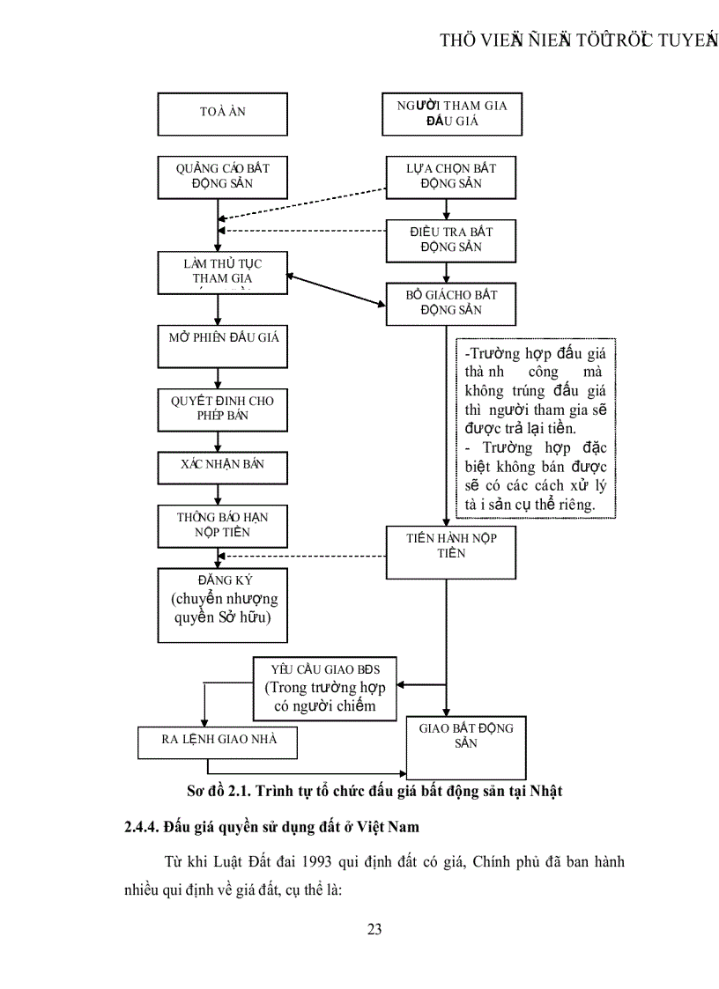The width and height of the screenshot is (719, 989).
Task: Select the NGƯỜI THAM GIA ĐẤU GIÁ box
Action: [450, 114]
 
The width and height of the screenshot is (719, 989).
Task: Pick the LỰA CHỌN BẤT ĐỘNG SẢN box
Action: [450, 176]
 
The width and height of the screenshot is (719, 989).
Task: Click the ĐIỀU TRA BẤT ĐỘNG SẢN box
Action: [450, 240]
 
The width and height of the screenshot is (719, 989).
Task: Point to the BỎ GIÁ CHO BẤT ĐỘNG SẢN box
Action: [450, 303]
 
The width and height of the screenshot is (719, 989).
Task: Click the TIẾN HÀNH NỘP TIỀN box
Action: [450, 551]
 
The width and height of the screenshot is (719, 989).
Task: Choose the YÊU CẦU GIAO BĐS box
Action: [325, 688]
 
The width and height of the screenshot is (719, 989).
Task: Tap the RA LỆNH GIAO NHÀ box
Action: [218, 742]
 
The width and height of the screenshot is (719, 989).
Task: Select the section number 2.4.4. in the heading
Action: [145, 827]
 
